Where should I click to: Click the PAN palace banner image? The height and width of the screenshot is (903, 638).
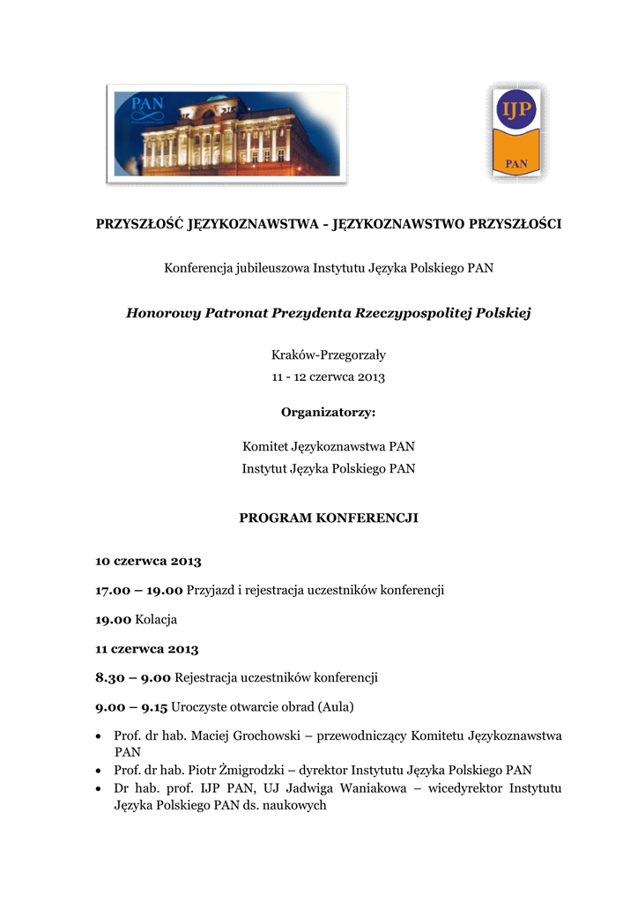[x=226, y=132]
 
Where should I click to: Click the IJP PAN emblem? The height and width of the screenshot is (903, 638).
[x=516, y=132]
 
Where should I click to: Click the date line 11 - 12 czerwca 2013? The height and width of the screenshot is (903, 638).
[x=328, y=377]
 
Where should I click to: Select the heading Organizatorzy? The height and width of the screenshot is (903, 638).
[x=328, y=412]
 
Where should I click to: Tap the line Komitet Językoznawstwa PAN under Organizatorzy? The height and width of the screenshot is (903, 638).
[x=328, y=447]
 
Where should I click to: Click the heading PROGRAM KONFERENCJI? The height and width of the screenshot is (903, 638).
[x=328, y=518]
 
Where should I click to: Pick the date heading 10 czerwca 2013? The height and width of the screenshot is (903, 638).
[x=148, y=561]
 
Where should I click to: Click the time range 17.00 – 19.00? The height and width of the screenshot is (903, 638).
[x=138, y=590]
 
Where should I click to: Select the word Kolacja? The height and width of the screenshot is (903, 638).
[x=156, y=620]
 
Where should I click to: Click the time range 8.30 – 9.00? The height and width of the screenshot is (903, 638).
[x=133, y=678]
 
